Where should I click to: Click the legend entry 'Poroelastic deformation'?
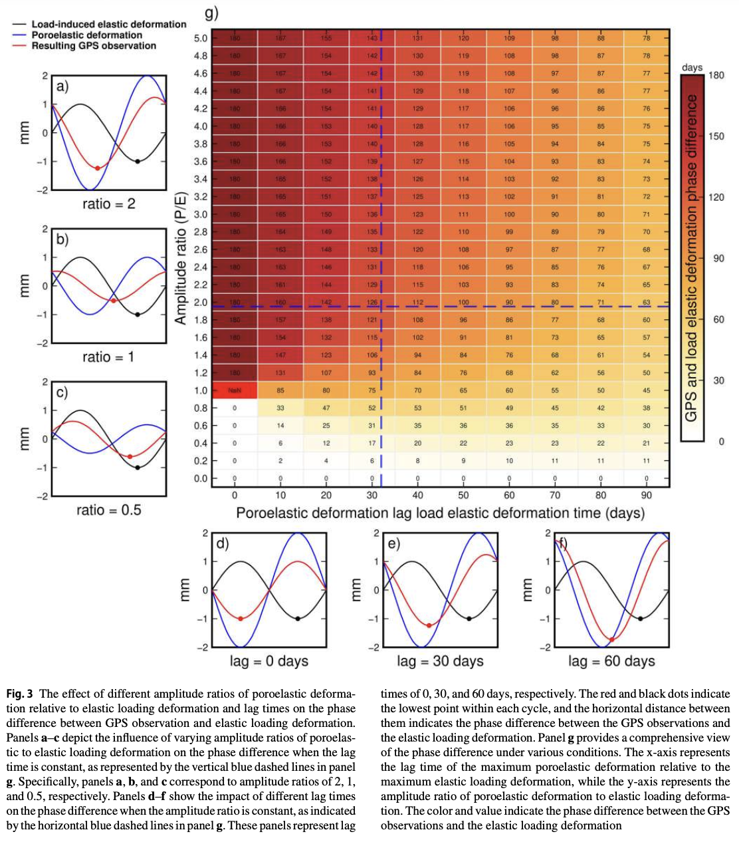pos(86,35)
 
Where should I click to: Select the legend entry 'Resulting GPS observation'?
pos(93,46)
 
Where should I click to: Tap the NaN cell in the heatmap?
pos(235,390)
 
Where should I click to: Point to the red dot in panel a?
pos(98,168)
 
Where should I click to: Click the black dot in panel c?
pos(138,468)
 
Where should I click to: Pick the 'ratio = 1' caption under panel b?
pos(108,357)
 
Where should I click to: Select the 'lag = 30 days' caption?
pos(440,661)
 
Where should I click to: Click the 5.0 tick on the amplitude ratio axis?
pos(200,38)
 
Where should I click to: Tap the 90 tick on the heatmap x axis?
pos(646,495)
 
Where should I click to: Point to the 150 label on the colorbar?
pos(716,136)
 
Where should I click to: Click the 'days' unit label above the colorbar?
pos(692,67)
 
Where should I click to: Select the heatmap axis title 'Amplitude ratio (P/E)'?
pos(180,258)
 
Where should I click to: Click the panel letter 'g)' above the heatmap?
pos(211,13)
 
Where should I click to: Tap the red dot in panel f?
pos(611,639)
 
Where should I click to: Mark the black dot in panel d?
pos(297,619)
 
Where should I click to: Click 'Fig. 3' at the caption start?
pos(20,694)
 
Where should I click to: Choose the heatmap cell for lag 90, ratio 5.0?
pos(646,38)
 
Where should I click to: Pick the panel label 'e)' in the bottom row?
pos(393,544)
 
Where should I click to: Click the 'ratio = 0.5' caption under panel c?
pos(108,510)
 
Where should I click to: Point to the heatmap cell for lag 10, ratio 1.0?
pos(280,390)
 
